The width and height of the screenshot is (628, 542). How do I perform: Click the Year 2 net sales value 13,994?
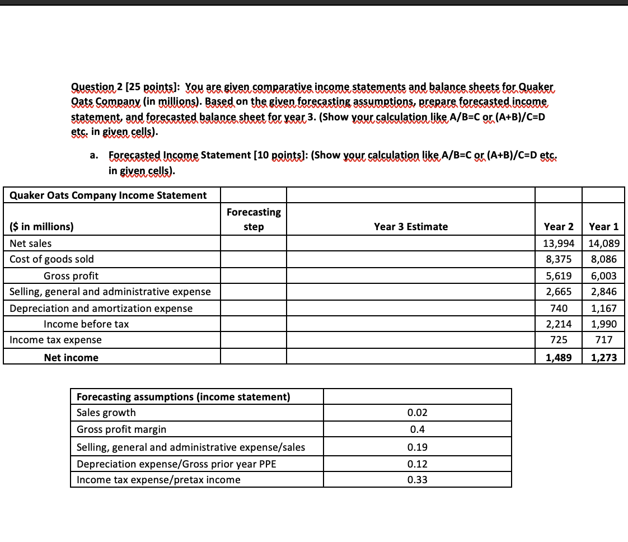[x=558, y=244]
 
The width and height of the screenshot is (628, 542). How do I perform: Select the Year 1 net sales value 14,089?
[x=603, y=244]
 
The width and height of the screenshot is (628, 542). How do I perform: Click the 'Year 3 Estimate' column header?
[x=410, y=227]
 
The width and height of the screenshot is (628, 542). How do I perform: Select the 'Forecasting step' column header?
[x=254, y=219]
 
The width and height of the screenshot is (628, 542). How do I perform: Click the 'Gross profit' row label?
[x=71, y=275]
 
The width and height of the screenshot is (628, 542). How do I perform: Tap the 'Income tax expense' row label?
[x=56, y=340]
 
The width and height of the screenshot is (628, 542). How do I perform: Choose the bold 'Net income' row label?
[x=71, y=357]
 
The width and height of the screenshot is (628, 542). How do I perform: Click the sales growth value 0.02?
[x=418, y=413]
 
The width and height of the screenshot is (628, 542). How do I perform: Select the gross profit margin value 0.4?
[x=418, y=429]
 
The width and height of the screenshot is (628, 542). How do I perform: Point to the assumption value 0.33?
[x=418, y=480]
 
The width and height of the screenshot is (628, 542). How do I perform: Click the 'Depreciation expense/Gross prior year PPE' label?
[x=176, y=464]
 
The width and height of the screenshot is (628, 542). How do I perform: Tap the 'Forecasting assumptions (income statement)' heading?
[x=183, y=397]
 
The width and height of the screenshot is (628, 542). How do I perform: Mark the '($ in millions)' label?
[x=42, y=227]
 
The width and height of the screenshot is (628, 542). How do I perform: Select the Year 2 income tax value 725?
[x=559, y=340]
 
